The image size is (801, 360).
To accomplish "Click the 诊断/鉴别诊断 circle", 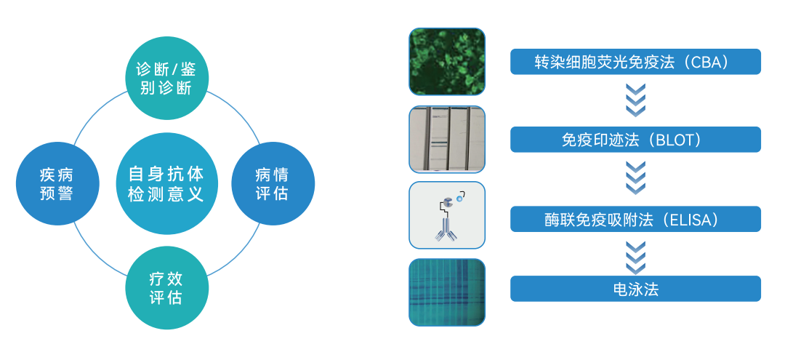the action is [x=166, y=79].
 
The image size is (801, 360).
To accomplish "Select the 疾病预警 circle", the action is [x=57, y=183].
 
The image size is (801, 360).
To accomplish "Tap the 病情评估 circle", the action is [x=273, y=183].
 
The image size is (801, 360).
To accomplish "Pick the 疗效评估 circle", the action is [x=166, y=288].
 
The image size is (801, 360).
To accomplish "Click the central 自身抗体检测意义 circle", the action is [x=166, y=183].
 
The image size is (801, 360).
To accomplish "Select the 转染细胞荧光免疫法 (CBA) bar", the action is [x=635, y=61].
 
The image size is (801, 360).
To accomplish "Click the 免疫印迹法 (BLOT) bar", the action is [x=635, y=140].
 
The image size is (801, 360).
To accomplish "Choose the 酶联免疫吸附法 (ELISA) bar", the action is [x=635, y=219].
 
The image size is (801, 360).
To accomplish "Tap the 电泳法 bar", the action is [x=635, y=289].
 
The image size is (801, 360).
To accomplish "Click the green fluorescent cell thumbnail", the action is [x=447, y=61].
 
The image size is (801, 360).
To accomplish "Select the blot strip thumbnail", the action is [x=447, y=140].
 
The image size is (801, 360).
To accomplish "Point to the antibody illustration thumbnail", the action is [x=447, y=215].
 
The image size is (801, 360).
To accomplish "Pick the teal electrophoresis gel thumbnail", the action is [x=447, y=292].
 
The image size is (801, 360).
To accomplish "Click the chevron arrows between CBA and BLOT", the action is [x=635, y=100].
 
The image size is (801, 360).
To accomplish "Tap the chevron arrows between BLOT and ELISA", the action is [x=635, y=178].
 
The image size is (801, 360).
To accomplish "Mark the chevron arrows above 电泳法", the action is [x=635, y=258].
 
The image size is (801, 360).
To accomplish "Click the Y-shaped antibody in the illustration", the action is [x=444, y=228].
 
